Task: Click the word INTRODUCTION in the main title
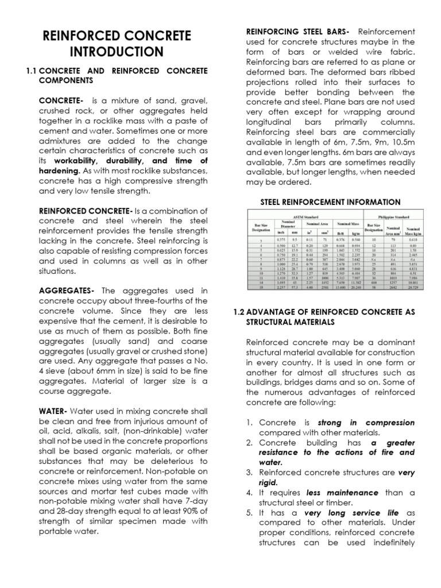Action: click(x=117, y=52)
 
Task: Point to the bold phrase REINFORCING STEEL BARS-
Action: click(x=297, y=31)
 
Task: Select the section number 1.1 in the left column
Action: click(x=32, y=71)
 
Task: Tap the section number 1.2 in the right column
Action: click(x=239, y=312)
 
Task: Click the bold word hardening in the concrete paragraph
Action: click(x=59, y=171)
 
